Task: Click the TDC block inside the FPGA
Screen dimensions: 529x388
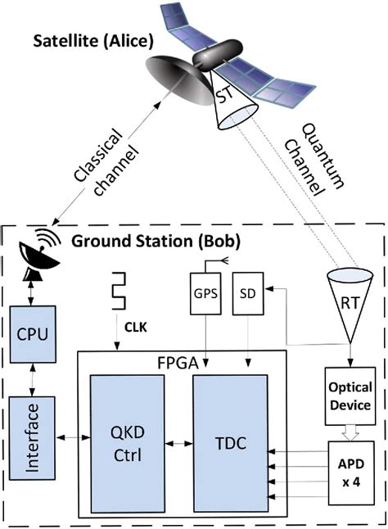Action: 230,443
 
